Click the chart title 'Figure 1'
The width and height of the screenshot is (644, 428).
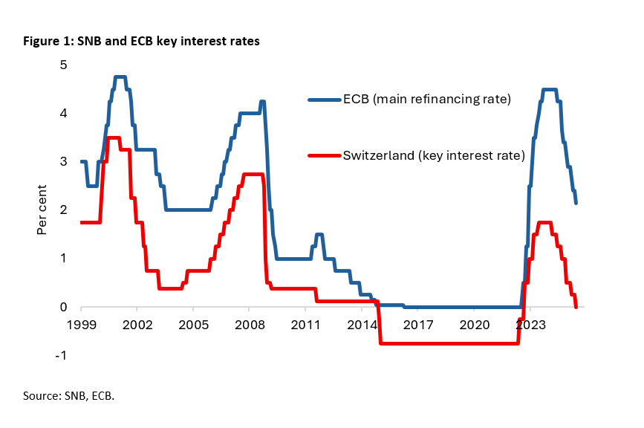click(140, 42)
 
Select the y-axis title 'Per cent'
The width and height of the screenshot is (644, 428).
click(42, 210)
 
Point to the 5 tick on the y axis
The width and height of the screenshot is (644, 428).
click(64, 65)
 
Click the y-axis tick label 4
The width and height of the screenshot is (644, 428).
click(64, 114)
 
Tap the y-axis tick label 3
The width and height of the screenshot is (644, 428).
click(64, 162)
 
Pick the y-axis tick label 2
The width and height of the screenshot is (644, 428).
click(64, 210)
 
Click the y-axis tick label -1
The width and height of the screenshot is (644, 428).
click(62, 355)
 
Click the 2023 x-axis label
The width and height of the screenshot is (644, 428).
click(530, 325)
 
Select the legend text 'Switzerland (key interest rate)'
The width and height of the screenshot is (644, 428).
click(434, 155)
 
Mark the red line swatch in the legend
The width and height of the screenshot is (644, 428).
click(324, 155)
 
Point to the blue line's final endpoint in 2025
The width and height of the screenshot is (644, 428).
click(576, 203)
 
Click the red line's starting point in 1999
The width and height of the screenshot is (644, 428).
click(81, 222)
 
